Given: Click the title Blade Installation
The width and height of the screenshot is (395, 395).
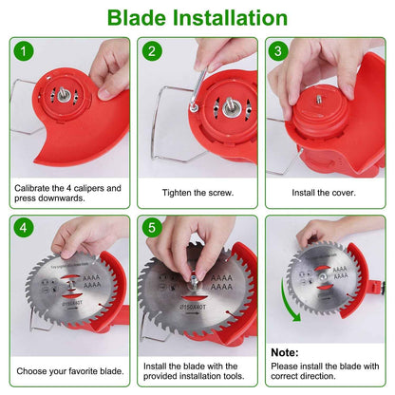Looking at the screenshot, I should (x=197, y=18).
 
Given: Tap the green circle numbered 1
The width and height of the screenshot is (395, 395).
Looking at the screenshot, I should (x=24, y=52).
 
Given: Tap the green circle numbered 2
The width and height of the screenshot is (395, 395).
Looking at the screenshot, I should (x=152, y=52).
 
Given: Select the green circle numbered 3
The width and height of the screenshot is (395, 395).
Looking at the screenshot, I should (x=279, y=52).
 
